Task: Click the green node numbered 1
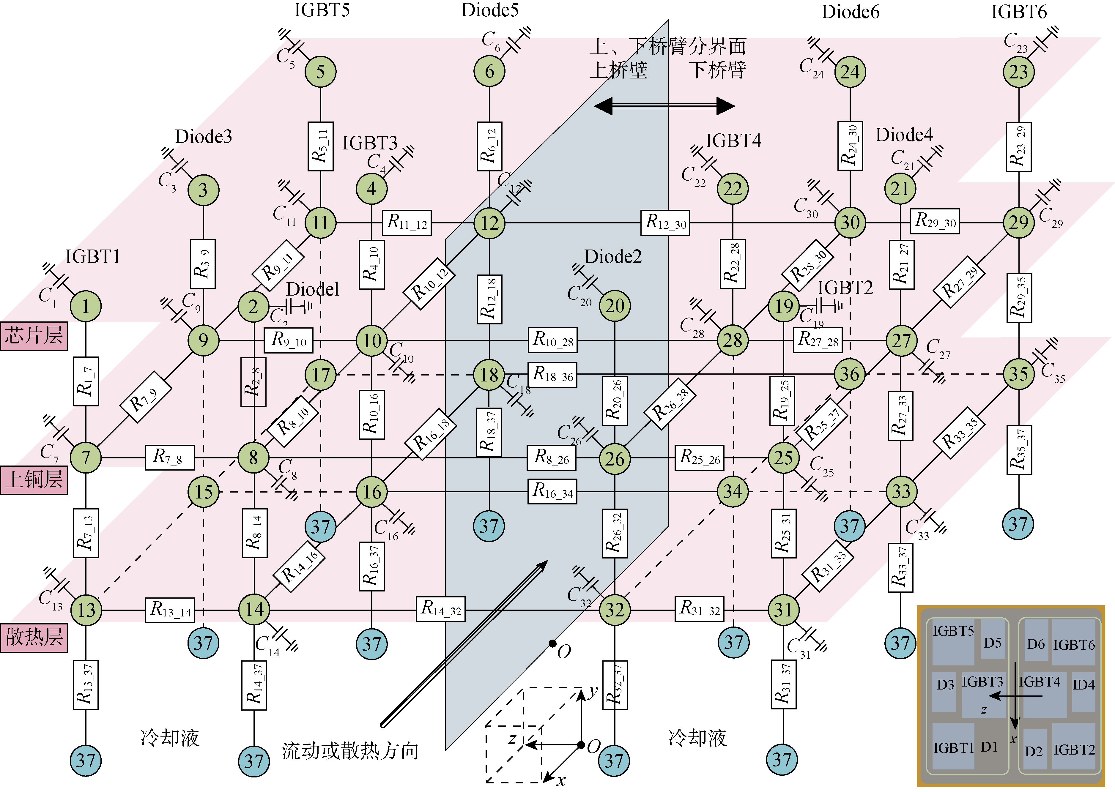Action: pos(86,306)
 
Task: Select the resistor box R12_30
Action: pos(665,223)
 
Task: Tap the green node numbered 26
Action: pos(615,458)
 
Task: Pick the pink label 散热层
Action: pos(34,637)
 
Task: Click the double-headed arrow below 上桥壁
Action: pos(664,106)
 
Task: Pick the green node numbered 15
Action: pos(203,492)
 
